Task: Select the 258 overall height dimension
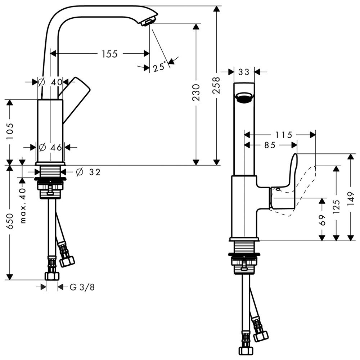pyautogui.click(x=216, y=85)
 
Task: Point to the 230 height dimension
pyautogui.click(x=196, y=93)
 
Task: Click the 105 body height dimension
pyautogui.click(x=10, y=131)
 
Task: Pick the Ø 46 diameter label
pyautogui.click(x=50, y=147)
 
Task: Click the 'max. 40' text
pyautogui.click(x=23, y=206)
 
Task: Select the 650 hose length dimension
pyautogui.click(x=10, y=221)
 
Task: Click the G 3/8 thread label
pyautogui.click(x=82, y=287)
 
